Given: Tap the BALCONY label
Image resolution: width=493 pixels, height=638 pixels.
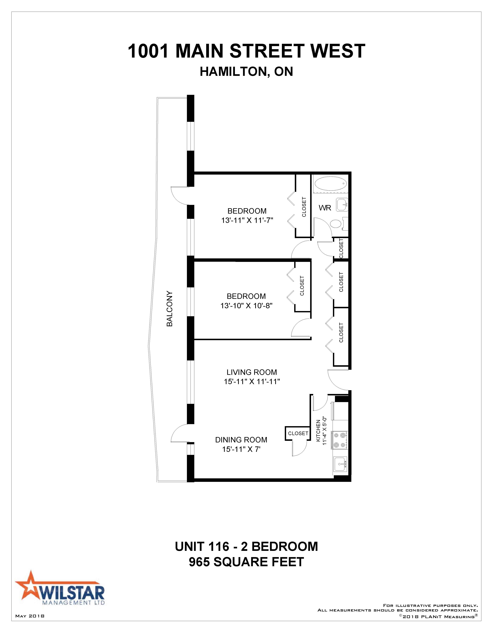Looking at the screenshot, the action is point(170,308).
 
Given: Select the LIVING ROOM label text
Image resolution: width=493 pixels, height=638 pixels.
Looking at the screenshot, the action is point(252,372).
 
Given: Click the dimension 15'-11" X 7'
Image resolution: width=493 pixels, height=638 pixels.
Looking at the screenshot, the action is point(241,449).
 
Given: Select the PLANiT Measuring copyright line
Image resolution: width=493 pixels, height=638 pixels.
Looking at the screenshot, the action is point(438,616).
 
